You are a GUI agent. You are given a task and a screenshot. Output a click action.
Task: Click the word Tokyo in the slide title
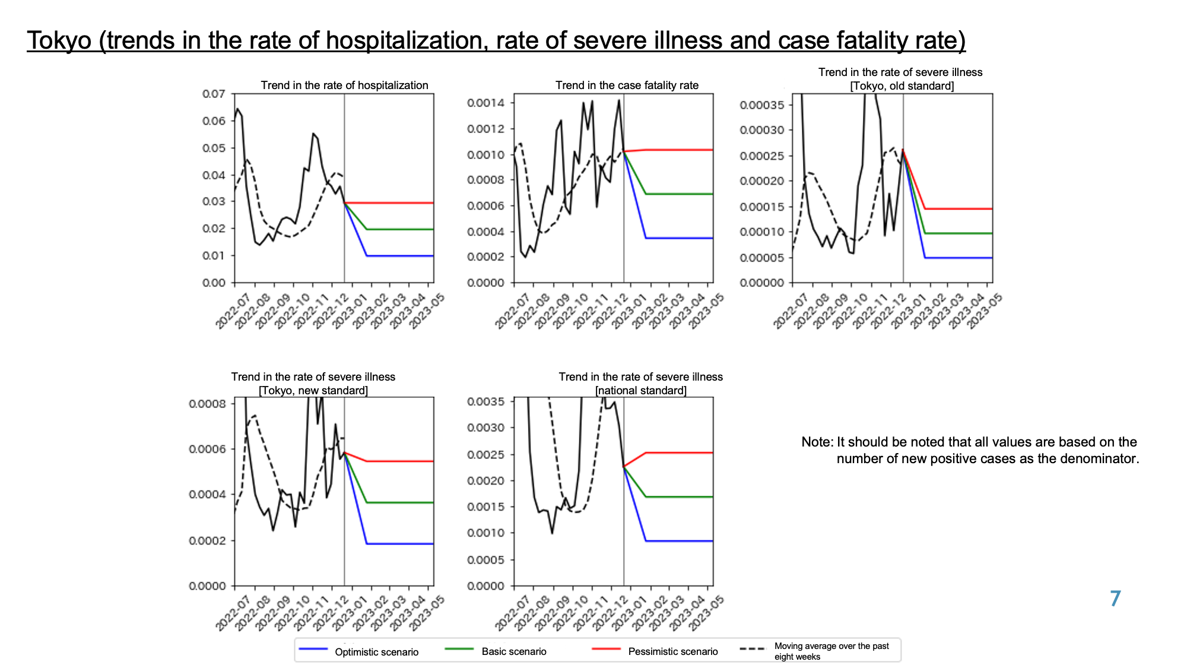[x=59, y=40]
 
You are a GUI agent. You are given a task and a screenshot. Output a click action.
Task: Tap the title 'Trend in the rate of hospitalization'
[x=344, y=85]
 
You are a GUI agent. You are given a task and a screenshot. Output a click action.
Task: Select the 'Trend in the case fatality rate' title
[x=627, y=85]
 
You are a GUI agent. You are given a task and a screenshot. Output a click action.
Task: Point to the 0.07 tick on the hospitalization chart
[x=214, y=94]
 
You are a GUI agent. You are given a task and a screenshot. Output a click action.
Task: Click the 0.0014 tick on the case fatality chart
[x=485, y=103]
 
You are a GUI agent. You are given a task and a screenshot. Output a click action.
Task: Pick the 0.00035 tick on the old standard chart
[x=761, y=105]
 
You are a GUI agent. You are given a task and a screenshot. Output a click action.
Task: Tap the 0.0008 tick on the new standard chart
[x=207, y=404]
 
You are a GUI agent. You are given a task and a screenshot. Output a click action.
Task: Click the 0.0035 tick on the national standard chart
[x=485, y=401]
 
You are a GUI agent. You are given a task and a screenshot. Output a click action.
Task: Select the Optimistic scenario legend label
[x=376, y=652]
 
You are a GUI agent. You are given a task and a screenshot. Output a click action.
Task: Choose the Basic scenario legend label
[x=514, y=651]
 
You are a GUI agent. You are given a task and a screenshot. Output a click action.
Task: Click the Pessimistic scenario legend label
[x=673, y=651]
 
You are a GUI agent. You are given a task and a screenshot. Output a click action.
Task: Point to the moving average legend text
[x=831, y=651]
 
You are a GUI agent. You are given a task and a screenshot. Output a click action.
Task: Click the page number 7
[x=1116, y=599]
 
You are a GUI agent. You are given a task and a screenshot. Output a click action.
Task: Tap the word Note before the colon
[x=816, y=442]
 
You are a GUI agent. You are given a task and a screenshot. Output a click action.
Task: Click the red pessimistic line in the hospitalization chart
[x=389, y=203]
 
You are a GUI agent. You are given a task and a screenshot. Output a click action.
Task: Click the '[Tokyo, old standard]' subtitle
[x=902, y=86]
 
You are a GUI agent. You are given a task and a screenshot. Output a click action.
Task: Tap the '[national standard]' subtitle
[x=641, y=391]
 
